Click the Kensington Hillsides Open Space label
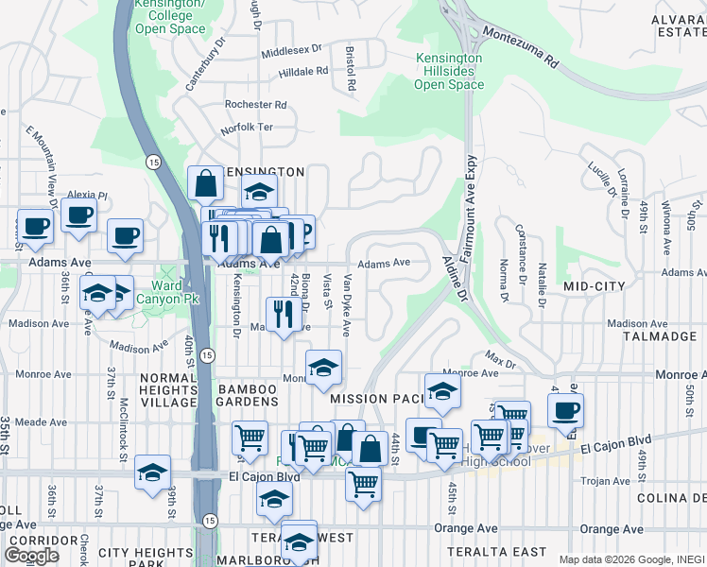point(449,72)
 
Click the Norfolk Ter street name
point(247,127)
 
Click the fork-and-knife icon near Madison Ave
point(284,314)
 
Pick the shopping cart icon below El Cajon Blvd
point(363,484)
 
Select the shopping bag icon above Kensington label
point(204,183)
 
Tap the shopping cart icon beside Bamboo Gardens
point(249,438)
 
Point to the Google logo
point(31,556)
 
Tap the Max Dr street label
point(501,360)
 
